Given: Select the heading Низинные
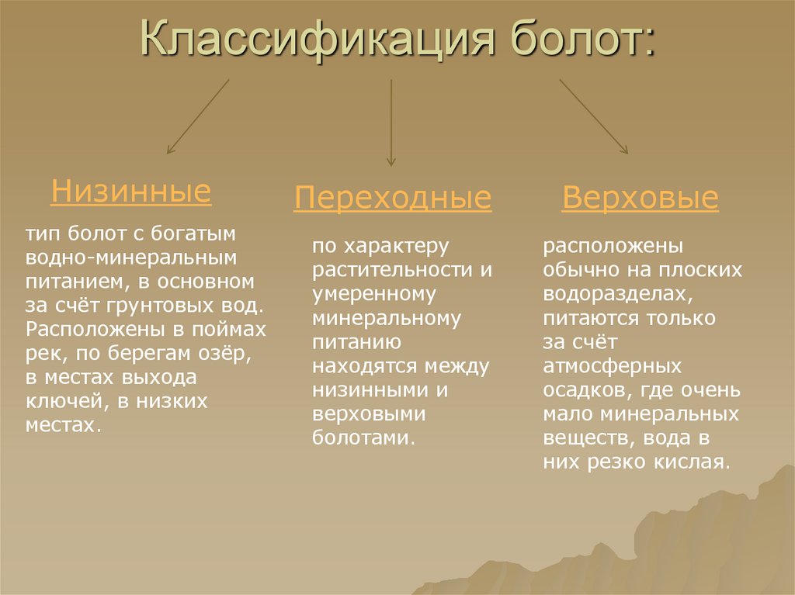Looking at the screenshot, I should (x=130, y=191).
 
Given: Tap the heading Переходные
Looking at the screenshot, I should (x=392, y=199).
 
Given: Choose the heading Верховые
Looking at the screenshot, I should (x=640, y=199).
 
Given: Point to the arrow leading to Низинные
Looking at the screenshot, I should (x=197, y=116).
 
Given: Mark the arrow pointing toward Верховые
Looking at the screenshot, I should (x=594, y=116).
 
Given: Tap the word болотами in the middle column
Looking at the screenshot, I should (x=360, y=438).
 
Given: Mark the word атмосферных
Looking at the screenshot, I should (x=612, y=366).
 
